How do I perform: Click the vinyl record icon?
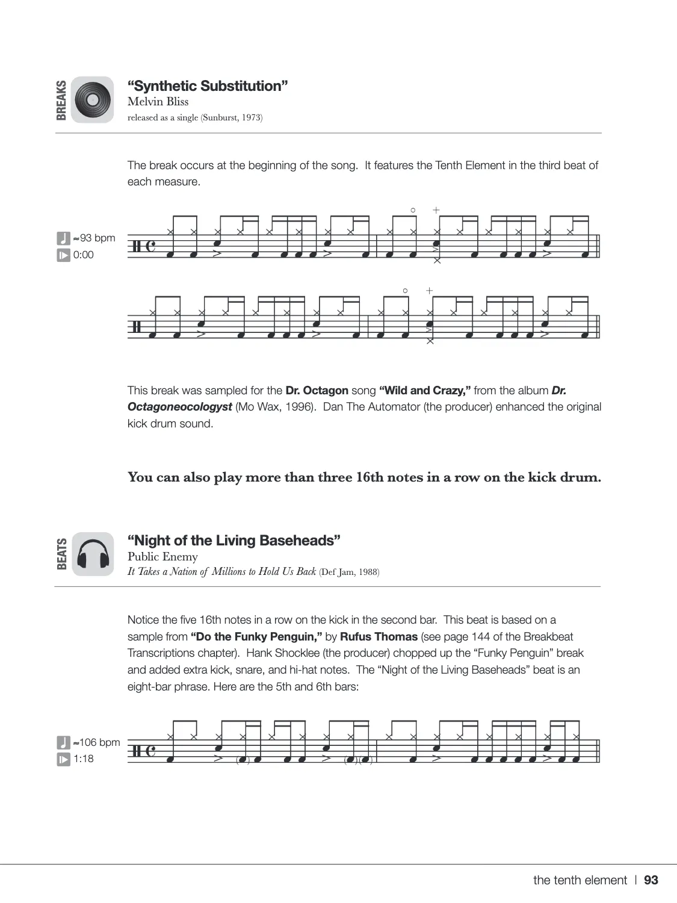(x=92, y=100)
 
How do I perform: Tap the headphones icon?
(x=92, y=554)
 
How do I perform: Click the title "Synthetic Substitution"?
(x=208, y=86)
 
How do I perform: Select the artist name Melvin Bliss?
(x=158, y=102)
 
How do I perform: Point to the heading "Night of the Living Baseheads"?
(x=234, y=541)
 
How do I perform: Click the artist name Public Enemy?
(x=162, y=557)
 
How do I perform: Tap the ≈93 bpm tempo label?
(x=94, y=238)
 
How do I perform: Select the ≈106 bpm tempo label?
(x=96, y=742)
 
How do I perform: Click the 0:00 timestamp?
(x=84, y=255)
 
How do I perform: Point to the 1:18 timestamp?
(x=84, y=759)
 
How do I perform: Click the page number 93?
(x=651, y=880)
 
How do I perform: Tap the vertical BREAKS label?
(x=61, y=100)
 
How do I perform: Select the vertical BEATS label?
(x=61, y=554)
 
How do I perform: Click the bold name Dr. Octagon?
(x=317, y=391)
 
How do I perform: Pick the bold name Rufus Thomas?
(x=379, y=637)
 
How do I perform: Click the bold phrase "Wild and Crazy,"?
(x=425, y=391)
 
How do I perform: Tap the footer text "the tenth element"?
(x=580, y=880)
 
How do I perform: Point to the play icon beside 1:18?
(x=63, y=759)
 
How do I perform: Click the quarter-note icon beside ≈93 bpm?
(x=63, y=238)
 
